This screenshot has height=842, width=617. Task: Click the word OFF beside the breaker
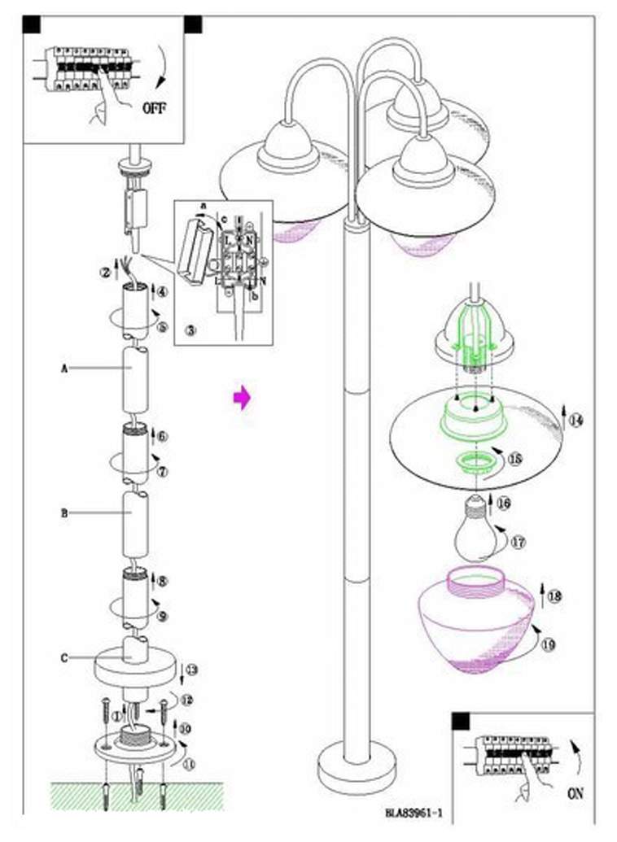click(155, 107)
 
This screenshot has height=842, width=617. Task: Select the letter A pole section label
click(63, 368)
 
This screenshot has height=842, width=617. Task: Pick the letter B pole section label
click(63, 513)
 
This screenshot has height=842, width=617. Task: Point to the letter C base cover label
click(63, 658)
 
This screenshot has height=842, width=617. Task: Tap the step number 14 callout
click(577, 421)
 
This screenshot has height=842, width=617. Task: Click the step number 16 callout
click(504, 504)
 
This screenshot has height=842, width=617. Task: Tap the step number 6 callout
click(162, 436)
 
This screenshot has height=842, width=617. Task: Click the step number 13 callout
click(192, 670)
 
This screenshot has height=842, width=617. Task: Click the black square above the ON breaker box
click(461, 722)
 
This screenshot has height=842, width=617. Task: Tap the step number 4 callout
click(162, 290)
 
